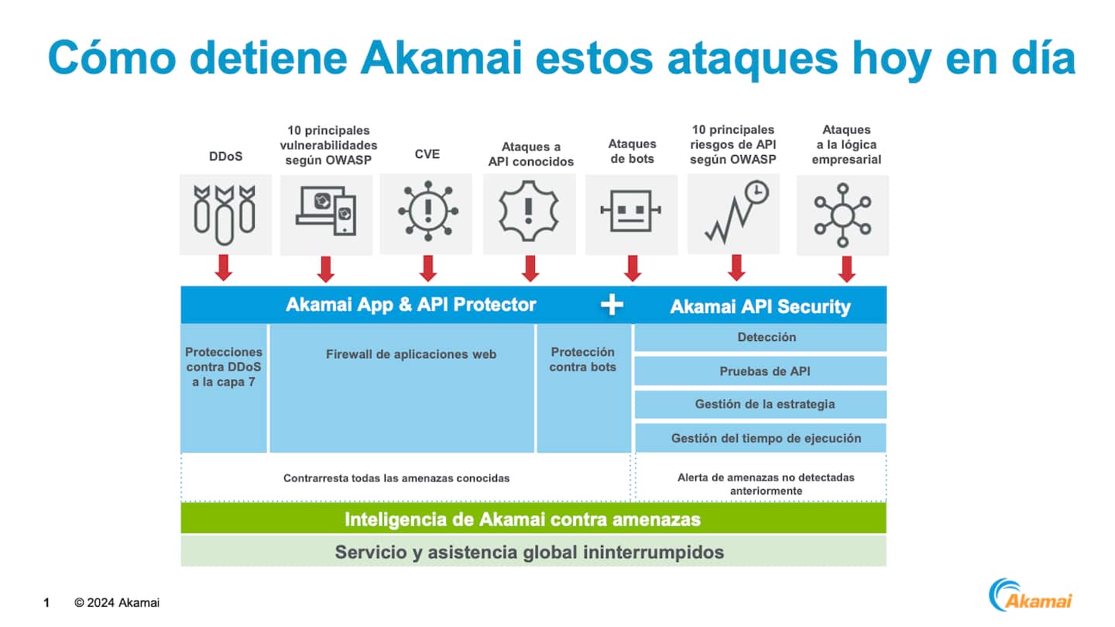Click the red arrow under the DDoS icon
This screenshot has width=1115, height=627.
pos(224,267)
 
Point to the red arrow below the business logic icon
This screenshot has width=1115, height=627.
pos(846,268)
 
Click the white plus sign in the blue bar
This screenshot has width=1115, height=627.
pos(612,305)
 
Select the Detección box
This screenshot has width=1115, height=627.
pos(760,338)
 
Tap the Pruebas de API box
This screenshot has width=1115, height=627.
pos(760,371)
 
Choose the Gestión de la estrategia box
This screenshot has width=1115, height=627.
pos(760,405)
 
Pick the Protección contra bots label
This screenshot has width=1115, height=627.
pos(582,360)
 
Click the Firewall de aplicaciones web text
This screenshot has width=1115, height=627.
pos(410,354)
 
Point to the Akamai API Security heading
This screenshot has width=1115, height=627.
pos(760,307)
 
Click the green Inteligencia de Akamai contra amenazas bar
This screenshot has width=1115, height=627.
pos(533,519)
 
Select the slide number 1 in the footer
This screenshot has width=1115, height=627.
pos(46,603)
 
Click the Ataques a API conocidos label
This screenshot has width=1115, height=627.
pos(530,154)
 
